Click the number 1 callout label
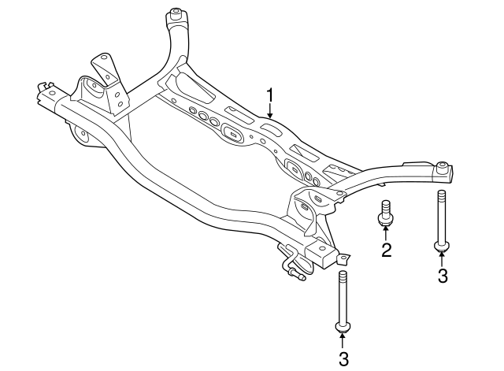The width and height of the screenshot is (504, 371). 270,96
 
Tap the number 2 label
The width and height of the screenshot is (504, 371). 386,251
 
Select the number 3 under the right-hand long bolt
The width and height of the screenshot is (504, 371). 443,275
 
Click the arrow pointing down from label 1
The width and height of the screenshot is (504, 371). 270,112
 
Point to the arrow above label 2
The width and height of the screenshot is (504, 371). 386,235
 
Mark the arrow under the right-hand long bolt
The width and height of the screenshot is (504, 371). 443,258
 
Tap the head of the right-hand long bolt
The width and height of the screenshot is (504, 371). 443,247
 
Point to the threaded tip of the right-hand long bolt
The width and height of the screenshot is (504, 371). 443,197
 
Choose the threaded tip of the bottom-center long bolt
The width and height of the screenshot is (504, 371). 343,276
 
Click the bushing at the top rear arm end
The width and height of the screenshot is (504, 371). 176,13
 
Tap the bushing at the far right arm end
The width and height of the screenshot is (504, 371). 444,167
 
